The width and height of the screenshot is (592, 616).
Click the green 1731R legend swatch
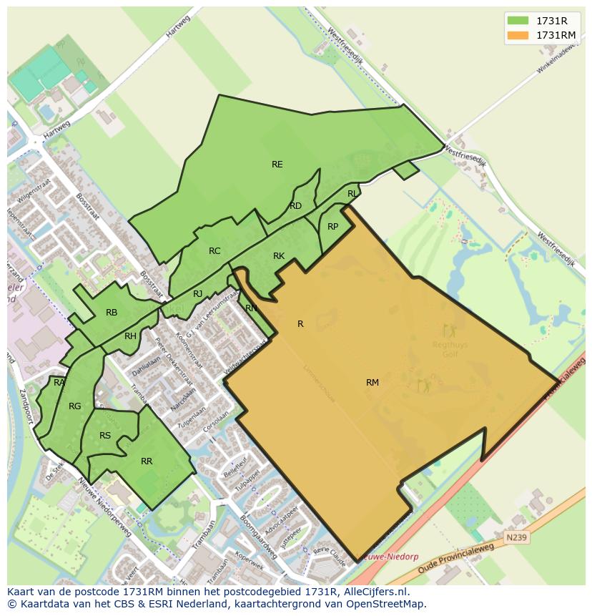518,20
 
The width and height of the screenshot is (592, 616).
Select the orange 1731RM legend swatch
518,35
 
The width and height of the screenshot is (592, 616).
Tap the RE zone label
277,165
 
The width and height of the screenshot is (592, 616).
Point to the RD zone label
295,206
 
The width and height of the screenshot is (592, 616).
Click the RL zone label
352,194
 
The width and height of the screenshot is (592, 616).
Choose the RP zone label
332,227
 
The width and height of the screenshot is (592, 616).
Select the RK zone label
279,256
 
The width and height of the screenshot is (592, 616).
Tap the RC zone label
214,251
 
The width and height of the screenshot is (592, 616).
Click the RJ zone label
198,294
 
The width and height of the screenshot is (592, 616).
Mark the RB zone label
112,313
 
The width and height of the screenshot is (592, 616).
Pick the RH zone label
130,336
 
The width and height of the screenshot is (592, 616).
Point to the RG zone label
74,406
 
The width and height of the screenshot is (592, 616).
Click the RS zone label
105,436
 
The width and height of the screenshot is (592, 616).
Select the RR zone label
147,461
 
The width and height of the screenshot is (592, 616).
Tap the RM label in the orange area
373,383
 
